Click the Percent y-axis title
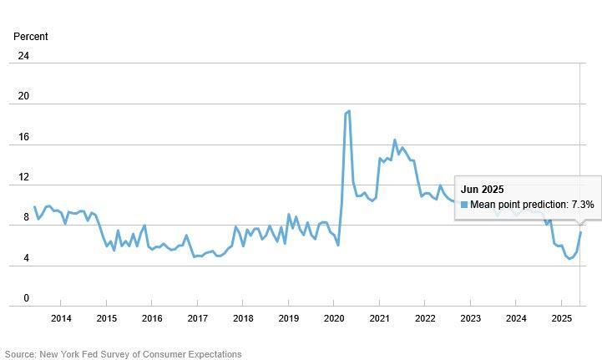tap(31, 37)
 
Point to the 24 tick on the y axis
tap(23, 56)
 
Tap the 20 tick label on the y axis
tap(23, 96)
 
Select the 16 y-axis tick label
tap(23, 137)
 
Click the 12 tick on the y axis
tap(23, 177)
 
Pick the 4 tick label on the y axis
tap(26, 258)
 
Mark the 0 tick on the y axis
tap(26, 298)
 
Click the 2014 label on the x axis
tap(61, 318)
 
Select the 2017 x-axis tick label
tap(197, 318)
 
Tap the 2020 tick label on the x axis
tap(334, 318)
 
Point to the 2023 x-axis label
tap(470, 318)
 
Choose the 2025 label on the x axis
tap(561, 318)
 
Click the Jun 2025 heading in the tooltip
tap(483, 190)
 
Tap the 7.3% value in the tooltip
tap(583, 205)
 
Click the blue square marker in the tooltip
tap(464, 205)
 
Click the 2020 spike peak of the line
tap(348, 110)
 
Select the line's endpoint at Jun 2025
tap(581, 232)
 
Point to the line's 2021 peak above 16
tap(395, 139)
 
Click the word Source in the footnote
tap(21, 354)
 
